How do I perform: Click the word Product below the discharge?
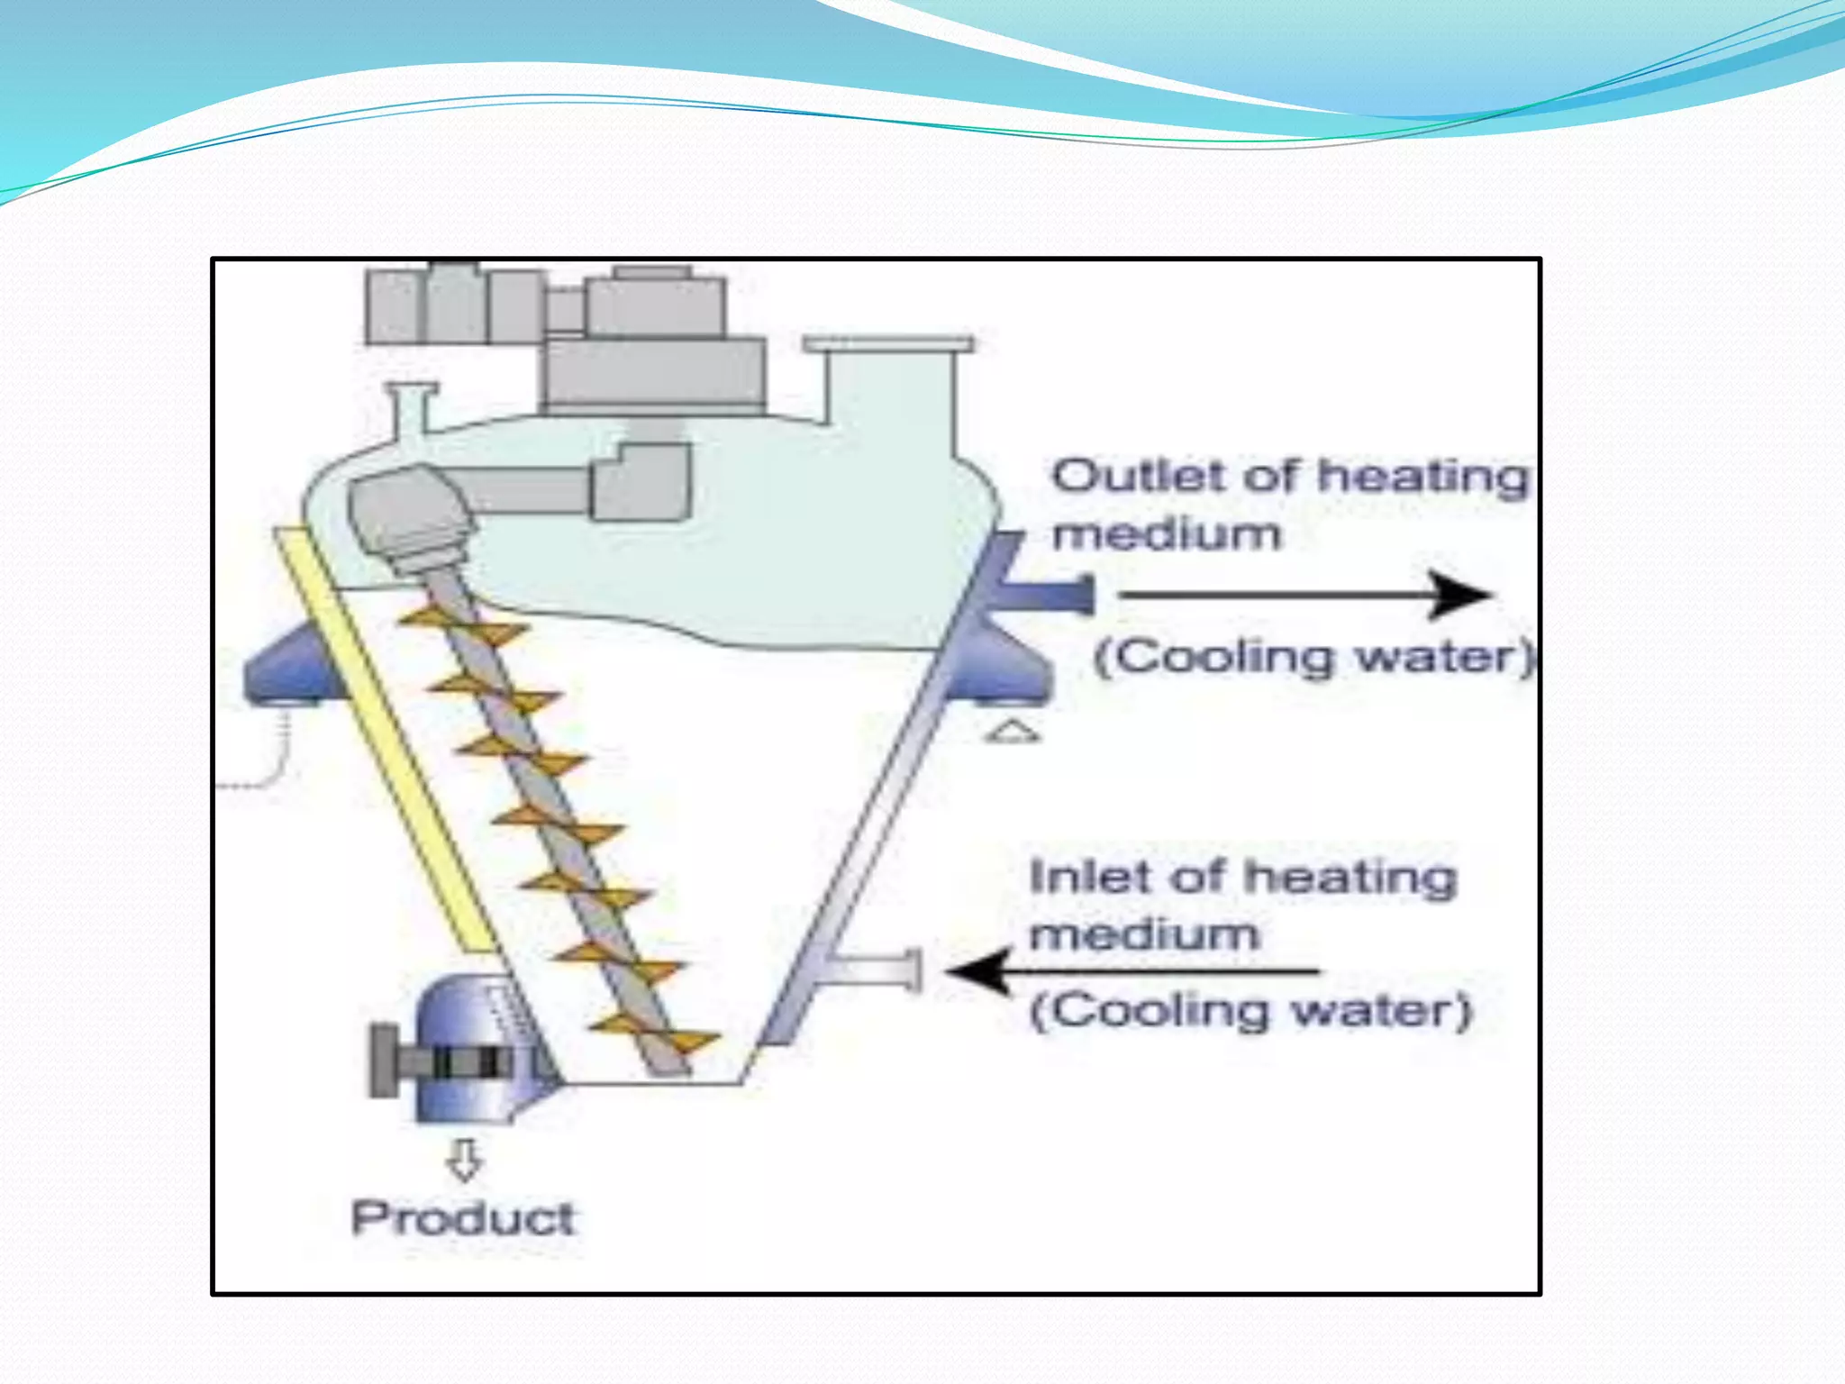(462, 1218)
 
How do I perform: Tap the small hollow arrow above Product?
(465, 1160)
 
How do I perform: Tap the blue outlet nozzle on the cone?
(1045, 595)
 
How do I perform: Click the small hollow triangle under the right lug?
(1012, 732)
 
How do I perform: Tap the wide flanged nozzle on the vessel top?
(888, 378)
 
